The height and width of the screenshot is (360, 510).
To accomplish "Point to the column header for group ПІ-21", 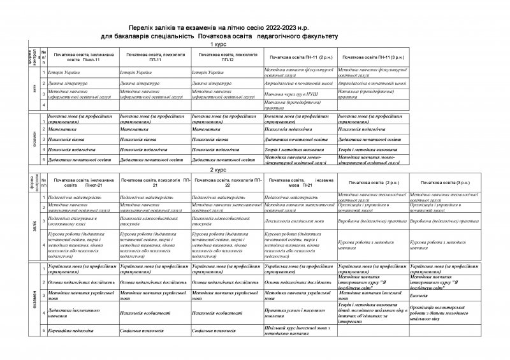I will [x=298, y=184].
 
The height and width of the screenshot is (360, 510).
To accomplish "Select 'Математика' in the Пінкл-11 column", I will [x=62, y=128].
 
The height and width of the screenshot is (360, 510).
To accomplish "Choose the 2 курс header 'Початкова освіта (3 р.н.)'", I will [x=444, y=182].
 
